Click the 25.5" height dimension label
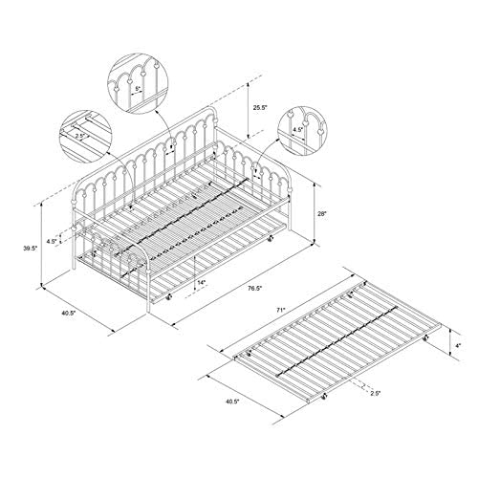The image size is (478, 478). coord(260,108)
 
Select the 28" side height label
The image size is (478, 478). coord(322,214)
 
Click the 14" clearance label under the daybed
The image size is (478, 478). coord(202,282)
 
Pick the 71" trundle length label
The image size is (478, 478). coord(280,310)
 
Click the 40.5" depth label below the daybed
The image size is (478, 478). coord(68,313)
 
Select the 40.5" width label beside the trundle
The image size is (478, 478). coord(232,402)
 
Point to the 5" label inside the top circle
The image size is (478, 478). coord(138,89)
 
